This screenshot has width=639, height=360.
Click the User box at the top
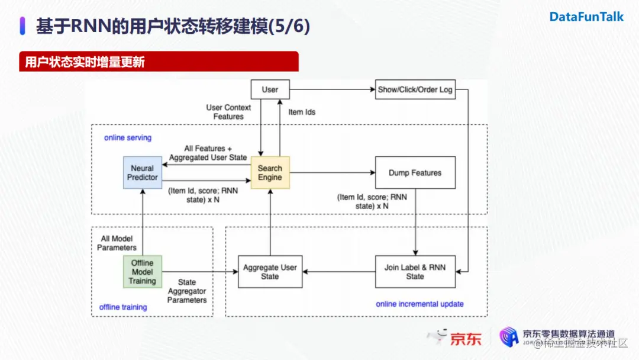[x=270, y=89]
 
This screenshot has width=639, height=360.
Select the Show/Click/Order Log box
[x=415, y=89]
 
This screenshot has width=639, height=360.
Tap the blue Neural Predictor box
[x=143, y=173]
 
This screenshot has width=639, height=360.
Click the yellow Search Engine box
[x=270, y=173]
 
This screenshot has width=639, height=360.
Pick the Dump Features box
[x=415, y=173]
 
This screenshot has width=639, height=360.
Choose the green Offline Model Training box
[x=142, y=272]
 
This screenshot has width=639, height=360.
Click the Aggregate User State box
[x=270, y=272]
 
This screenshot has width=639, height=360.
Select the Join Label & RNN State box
[x=415, y=272]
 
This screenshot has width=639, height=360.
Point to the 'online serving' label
[x=128, y=138]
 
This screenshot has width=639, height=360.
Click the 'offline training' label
[x=123, y=307]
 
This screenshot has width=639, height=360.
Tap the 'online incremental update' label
[x=419, y=304]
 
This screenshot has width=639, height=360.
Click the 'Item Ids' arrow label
[x=302, y=112]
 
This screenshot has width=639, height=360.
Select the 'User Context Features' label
[x=228, y=112]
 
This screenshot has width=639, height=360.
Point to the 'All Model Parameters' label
[x=117, y=243]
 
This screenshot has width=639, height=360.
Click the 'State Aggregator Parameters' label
[x=187, y=291]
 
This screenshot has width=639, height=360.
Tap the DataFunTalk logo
[x=586, y=17]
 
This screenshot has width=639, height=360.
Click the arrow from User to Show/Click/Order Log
[x=331, y=89]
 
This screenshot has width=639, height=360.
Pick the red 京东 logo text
[x=466, y=339]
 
